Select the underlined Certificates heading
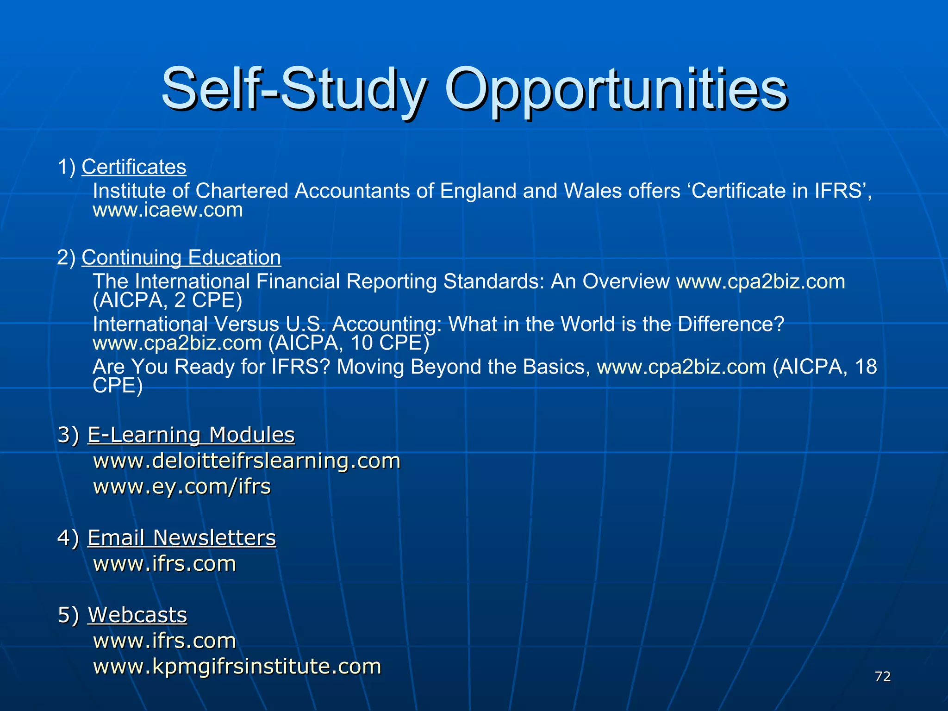134,167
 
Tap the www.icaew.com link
168,210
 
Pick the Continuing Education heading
181,257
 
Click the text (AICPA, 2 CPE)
167,300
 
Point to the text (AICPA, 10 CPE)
349,343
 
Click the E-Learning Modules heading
191,435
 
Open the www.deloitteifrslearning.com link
247,461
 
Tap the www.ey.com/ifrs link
182,486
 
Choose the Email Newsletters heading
181,538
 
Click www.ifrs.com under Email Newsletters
165,564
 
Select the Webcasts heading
137,615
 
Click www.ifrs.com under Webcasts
165,641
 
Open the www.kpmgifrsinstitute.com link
237,667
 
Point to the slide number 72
883,677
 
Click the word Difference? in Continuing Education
731,324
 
